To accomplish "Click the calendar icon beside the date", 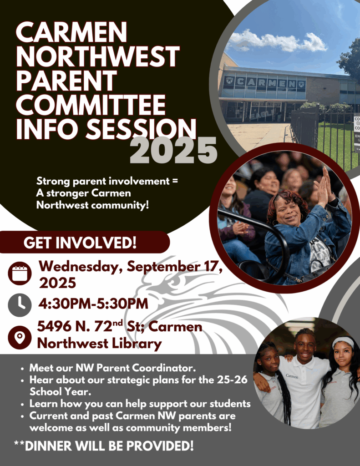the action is click(20, 273).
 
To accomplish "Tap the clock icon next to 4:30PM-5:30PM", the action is click(20, 305).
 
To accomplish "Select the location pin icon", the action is click(20, 337).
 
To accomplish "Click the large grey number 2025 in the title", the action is click(173, 150).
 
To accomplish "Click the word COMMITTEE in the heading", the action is click(91, 105).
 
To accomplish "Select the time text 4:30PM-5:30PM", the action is click(93, 304).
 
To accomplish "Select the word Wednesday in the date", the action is click(79, 266).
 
